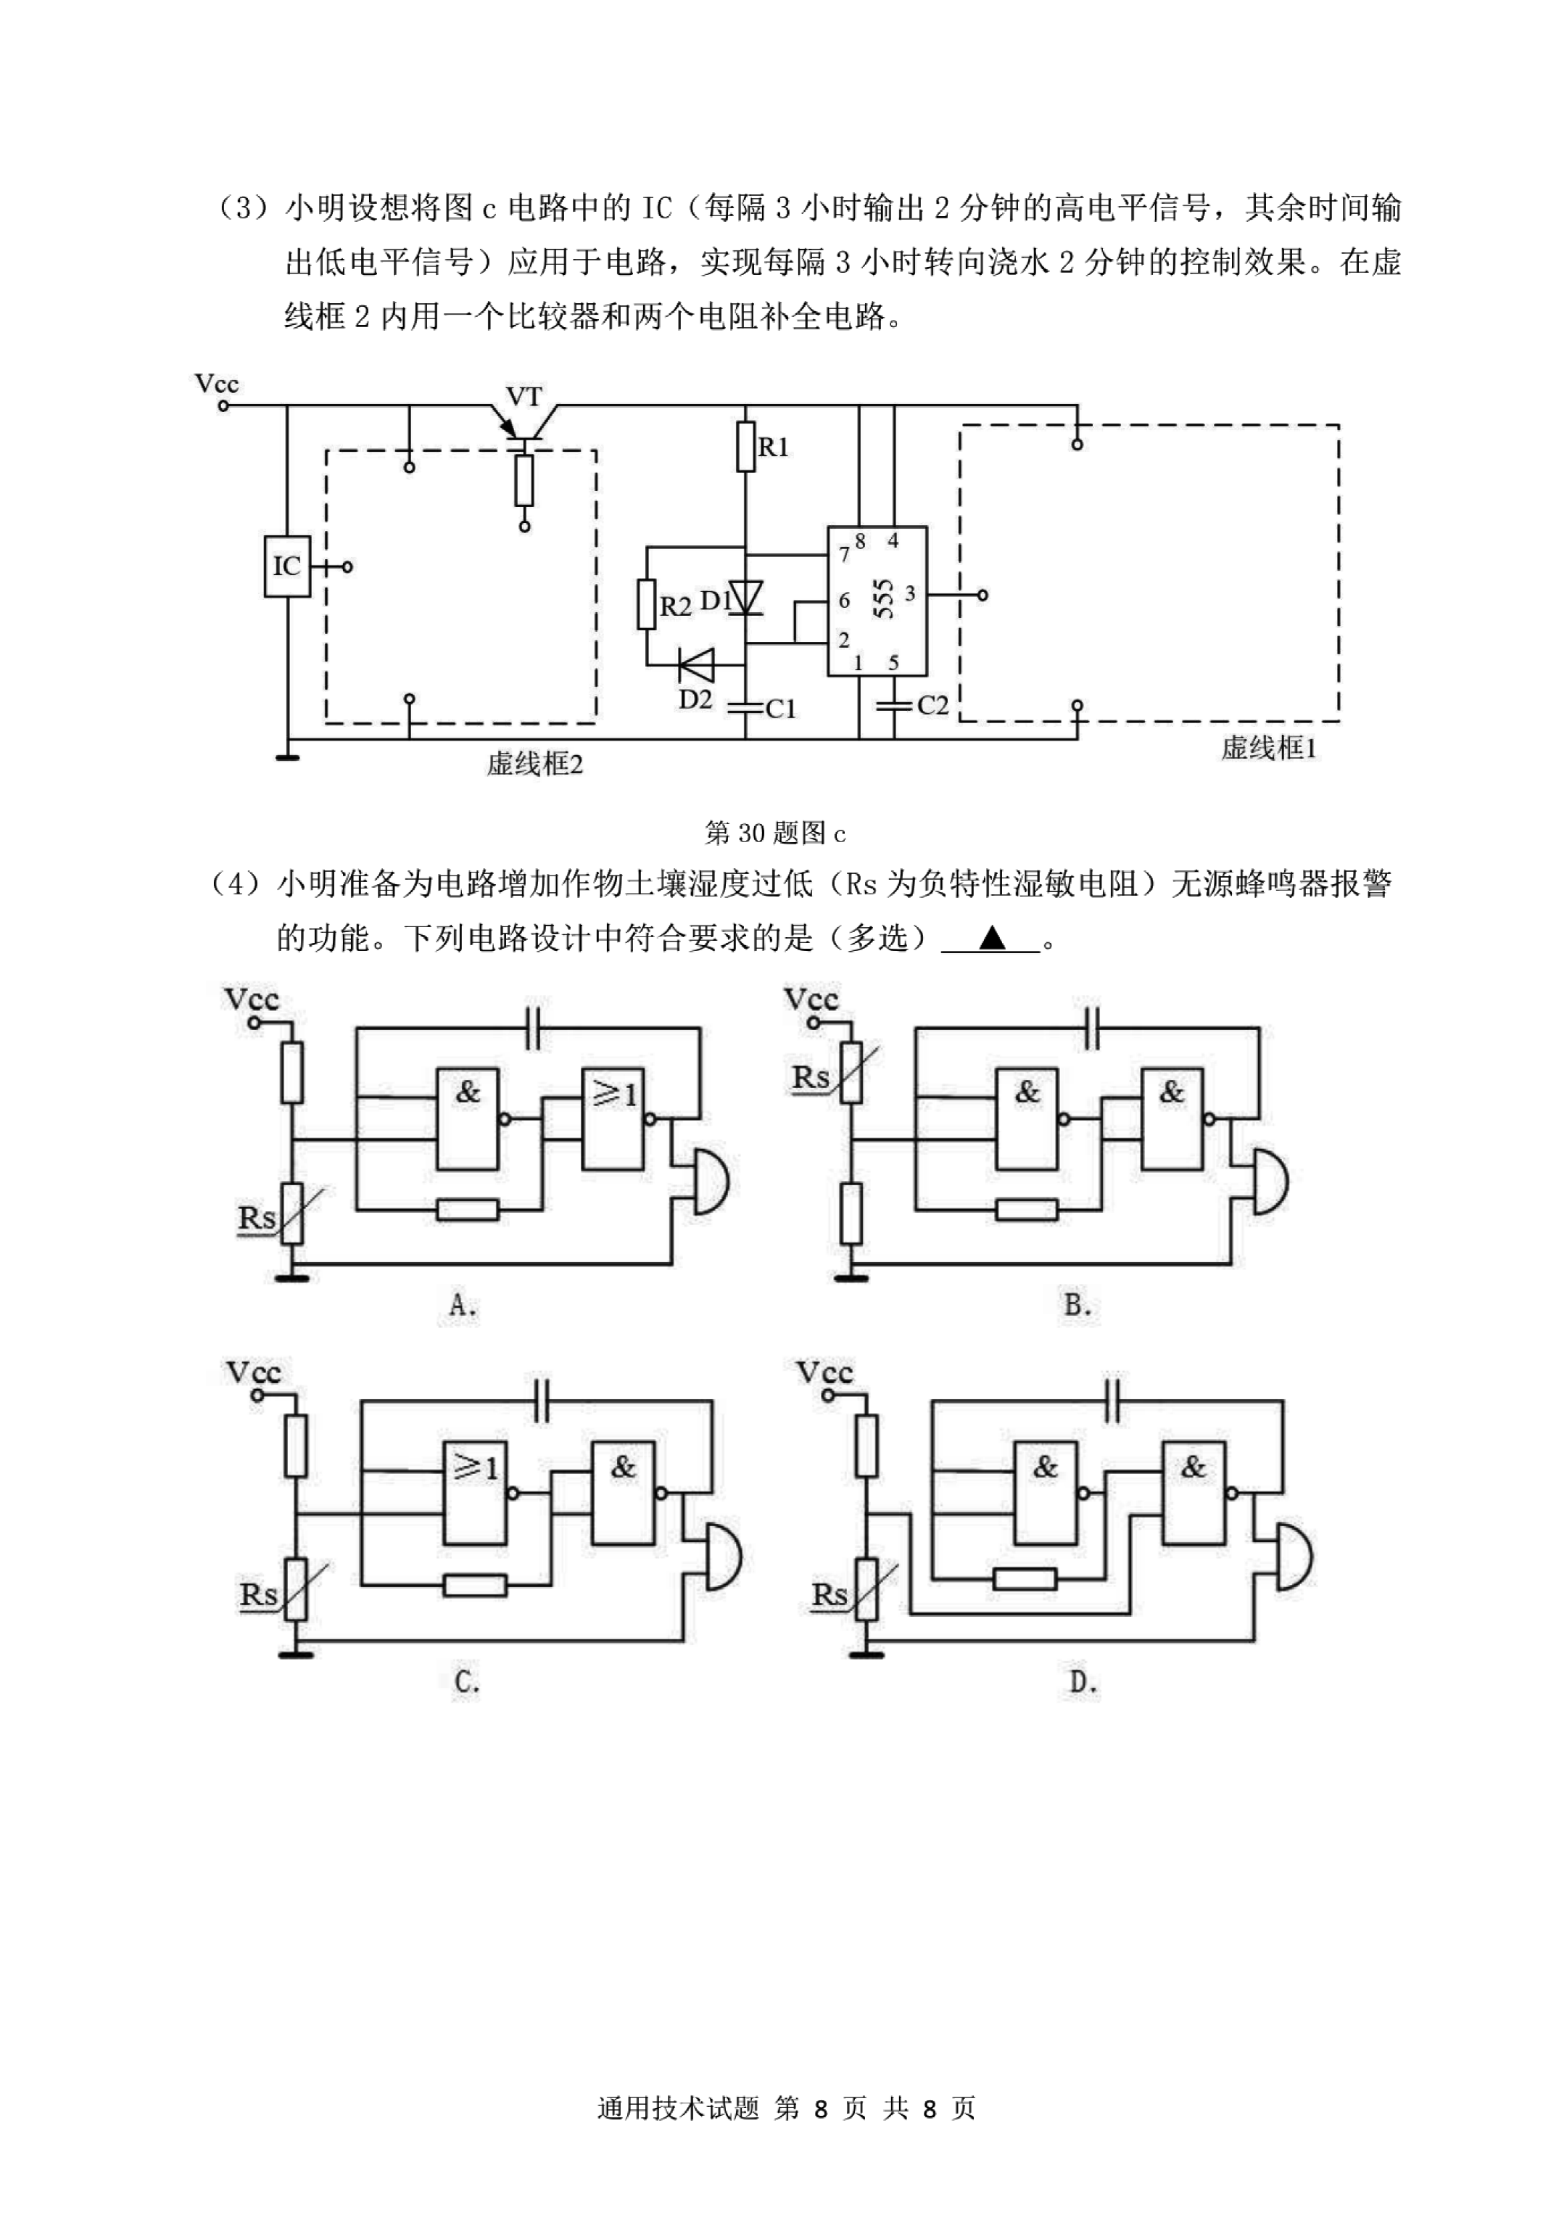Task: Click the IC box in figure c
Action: coord(287,566)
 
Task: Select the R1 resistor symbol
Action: coord(745,446)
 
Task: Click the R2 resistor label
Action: coord(675,606)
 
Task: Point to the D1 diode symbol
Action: coord(745,598)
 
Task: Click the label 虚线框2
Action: coord(534,765)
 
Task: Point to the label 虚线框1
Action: coord(1267,748)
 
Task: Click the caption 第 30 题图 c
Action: coord(774,833)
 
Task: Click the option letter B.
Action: coord(1078,1305)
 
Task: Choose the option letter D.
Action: coord(1083,1682)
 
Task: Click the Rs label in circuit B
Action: coord(811,1078)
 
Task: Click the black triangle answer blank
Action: coord(992,937)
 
